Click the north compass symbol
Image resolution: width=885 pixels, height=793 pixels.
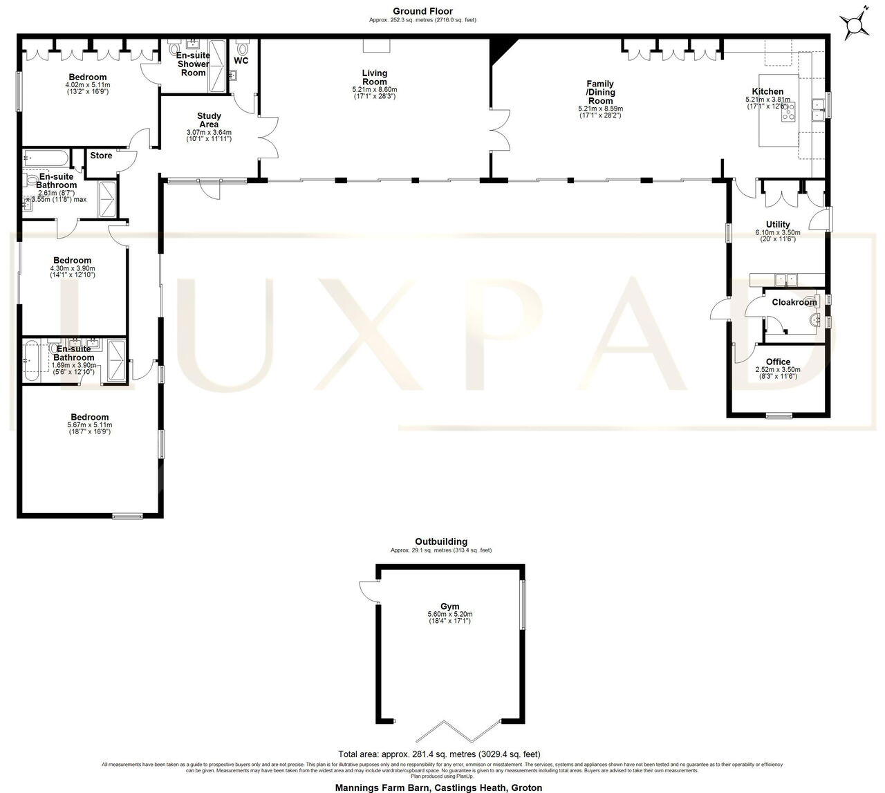(x=855, y=25)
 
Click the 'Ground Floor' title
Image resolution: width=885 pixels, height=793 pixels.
(x=422, y=11)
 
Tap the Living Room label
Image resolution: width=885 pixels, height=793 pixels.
(x=374, y=77)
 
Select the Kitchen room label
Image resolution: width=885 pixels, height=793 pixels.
(x=767, y=91)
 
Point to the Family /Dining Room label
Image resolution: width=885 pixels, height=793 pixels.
(x=600, y=93)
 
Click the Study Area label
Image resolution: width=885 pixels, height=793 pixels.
(x=209, y=120)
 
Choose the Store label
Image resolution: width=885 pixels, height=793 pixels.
(x=101, y=156)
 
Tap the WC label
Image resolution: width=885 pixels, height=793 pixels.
(x=241, y=61)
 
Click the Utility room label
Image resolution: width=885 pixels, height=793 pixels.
(x=778, y=225)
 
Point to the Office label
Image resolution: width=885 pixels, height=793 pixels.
(x=778, y=362)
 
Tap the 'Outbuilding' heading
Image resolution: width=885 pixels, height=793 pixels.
(x=441, y=541)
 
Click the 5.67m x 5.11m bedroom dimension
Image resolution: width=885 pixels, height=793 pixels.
(x=90, y=425)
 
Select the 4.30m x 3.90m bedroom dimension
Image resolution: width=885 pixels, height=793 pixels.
(x=73, y=268)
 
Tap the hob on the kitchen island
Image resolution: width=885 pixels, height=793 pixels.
(x=788, y=112)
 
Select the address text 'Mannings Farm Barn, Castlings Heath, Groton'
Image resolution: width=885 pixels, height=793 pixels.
(x=438, y=787)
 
